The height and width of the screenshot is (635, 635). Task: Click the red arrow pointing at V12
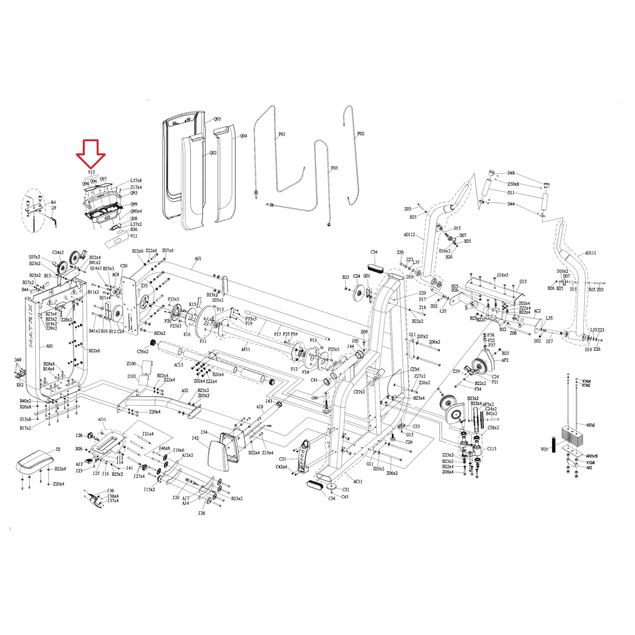pyautogui.click(x=91, y=154)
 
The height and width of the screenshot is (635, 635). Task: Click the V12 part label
pyautogui.click(x=91, y=172)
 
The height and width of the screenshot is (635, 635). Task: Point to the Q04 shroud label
pyautogui.click(x=243, y=136)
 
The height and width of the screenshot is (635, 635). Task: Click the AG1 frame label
pyautogui.click(x=198, y=259)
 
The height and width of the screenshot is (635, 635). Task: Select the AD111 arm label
pyautogui.click(x=591, y=253)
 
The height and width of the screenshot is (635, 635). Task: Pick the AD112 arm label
pyautogui.click(x=409, y=235)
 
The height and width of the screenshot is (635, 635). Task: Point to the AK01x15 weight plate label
pyautogui.click(x=592, y=456)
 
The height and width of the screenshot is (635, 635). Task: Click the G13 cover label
pyautogui.click(x=523, y=281)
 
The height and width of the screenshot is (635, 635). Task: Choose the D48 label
pyautogui.click(x=511, y=173)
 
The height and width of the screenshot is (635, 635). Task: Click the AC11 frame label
pyautogui.click(x=358, y=482)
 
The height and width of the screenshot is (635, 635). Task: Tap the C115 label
pyautogui.click(x=492, y=449)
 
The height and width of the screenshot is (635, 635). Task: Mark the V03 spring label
pyautogui.click(x=544, y=449)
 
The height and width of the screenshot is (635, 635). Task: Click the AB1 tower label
pyautogui.click(x=50, y=346)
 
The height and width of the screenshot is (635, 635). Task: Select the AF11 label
pyautogui.click(x=246, y=349)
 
